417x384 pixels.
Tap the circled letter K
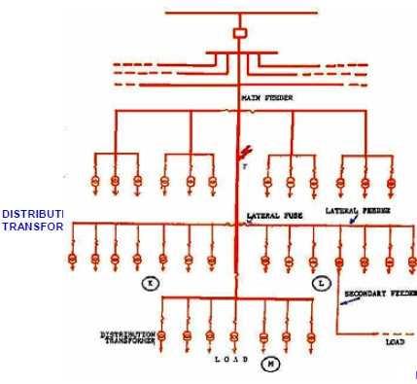[150, 283]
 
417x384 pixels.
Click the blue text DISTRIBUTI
[32, 214]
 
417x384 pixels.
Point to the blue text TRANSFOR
[32, 227]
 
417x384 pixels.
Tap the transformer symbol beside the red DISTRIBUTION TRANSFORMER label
[163, 335]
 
